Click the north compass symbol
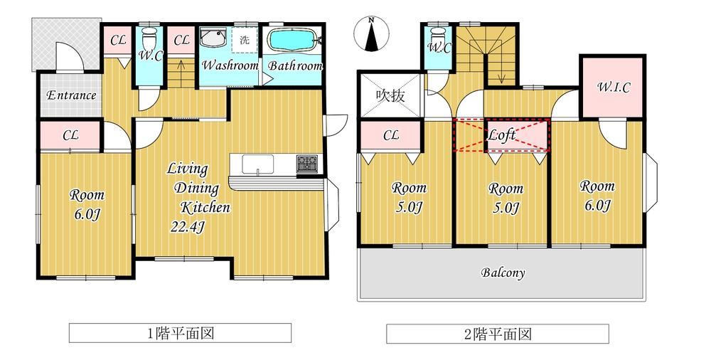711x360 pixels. [x=371, y=33]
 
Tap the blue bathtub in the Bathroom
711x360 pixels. [x=292, y=40]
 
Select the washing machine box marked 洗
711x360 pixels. [x=245, y=40]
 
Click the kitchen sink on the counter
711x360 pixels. [x=257, y=164]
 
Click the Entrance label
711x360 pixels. [x=71, y=95]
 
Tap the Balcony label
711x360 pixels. [x=503, y=272]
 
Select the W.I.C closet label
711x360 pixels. [x=613, y=88]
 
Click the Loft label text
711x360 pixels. [x=501, y=134]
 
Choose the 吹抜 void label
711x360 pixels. [x=390, y=96]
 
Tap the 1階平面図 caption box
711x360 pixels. [x=180, y=333]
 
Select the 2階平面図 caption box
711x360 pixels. [x=498, y=334]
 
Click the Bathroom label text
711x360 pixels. [x=295, y=66]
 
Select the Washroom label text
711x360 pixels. [x=230, y=65]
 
